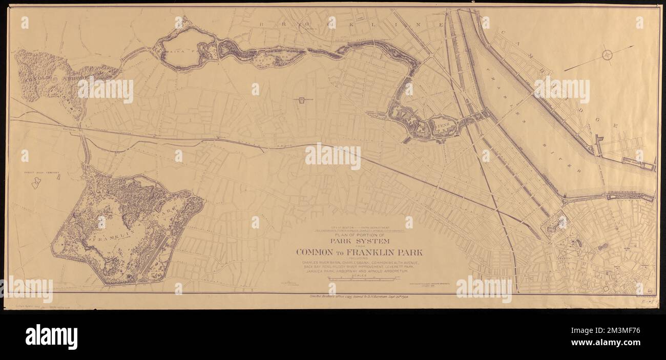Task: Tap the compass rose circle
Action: (x=608, y=55)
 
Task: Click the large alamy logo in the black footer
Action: (x=51, y=337)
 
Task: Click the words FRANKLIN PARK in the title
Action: (x=392, y=252)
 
